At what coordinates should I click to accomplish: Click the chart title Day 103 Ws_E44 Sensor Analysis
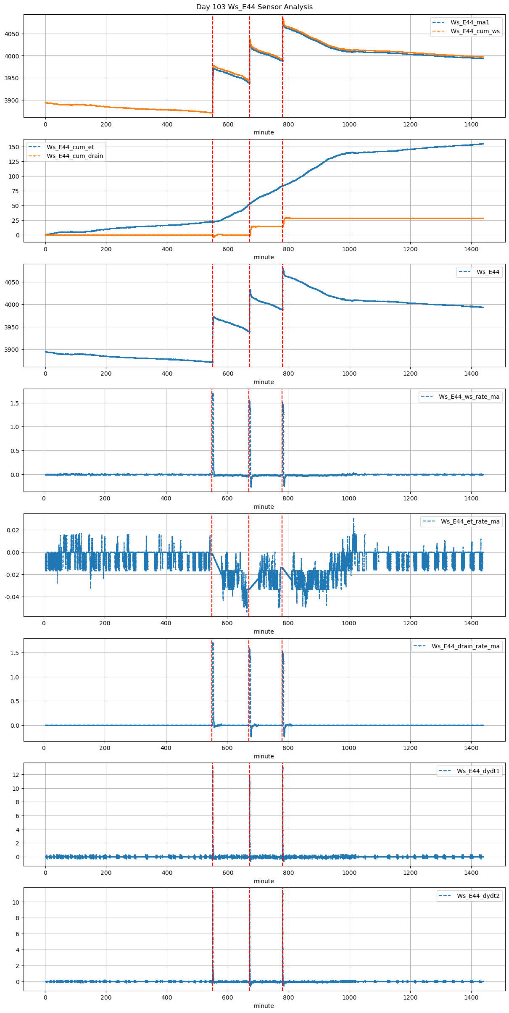254,7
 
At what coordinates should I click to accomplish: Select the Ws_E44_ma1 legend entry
469,22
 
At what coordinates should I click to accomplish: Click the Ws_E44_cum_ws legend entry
475,31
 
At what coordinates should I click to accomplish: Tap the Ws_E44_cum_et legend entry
70,147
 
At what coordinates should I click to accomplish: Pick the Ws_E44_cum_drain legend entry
75,156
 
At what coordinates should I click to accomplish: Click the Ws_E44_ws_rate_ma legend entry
469,397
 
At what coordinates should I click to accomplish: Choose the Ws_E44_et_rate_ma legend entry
470,521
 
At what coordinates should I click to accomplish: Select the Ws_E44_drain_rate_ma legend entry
465,646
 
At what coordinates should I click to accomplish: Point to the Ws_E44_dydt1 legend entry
478,771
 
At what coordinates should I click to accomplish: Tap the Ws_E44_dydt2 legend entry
478,896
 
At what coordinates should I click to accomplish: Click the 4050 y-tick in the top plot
12,34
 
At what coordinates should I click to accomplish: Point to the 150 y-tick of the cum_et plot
14,147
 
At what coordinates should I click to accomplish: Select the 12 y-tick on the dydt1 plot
16,775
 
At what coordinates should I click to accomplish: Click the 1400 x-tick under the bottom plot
471,997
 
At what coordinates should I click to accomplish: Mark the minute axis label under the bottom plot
264,1006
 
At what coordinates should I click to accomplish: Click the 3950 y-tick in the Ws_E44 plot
12,327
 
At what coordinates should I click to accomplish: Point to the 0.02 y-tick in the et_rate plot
13,530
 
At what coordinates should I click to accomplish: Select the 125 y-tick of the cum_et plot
14,162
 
